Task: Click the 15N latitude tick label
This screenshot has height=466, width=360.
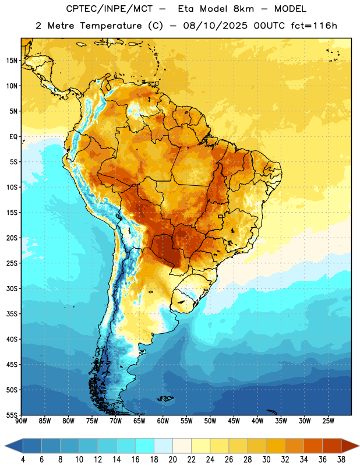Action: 12,61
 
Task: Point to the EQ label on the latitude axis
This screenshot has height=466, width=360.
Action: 13,137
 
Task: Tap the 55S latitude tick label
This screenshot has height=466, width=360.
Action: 12,415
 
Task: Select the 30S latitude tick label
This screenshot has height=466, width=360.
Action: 12,288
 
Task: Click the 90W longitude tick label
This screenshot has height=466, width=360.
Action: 21,421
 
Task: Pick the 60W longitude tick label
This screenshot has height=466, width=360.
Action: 163,421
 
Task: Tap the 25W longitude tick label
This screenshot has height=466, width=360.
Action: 328,421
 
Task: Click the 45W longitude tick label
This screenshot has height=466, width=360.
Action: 234,421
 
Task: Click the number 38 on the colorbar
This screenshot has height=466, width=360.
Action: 341,460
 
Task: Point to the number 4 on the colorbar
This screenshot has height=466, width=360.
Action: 23,460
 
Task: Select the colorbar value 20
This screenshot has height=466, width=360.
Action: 172,460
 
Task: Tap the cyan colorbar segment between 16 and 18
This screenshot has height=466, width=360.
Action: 144,446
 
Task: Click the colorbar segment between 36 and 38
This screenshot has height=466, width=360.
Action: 332,446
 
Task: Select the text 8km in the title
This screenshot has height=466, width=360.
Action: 243,9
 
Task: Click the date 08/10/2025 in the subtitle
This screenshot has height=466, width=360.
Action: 215,26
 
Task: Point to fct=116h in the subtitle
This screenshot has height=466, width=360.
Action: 314,26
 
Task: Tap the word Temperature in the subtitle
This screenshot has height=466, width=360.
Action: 111,26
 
